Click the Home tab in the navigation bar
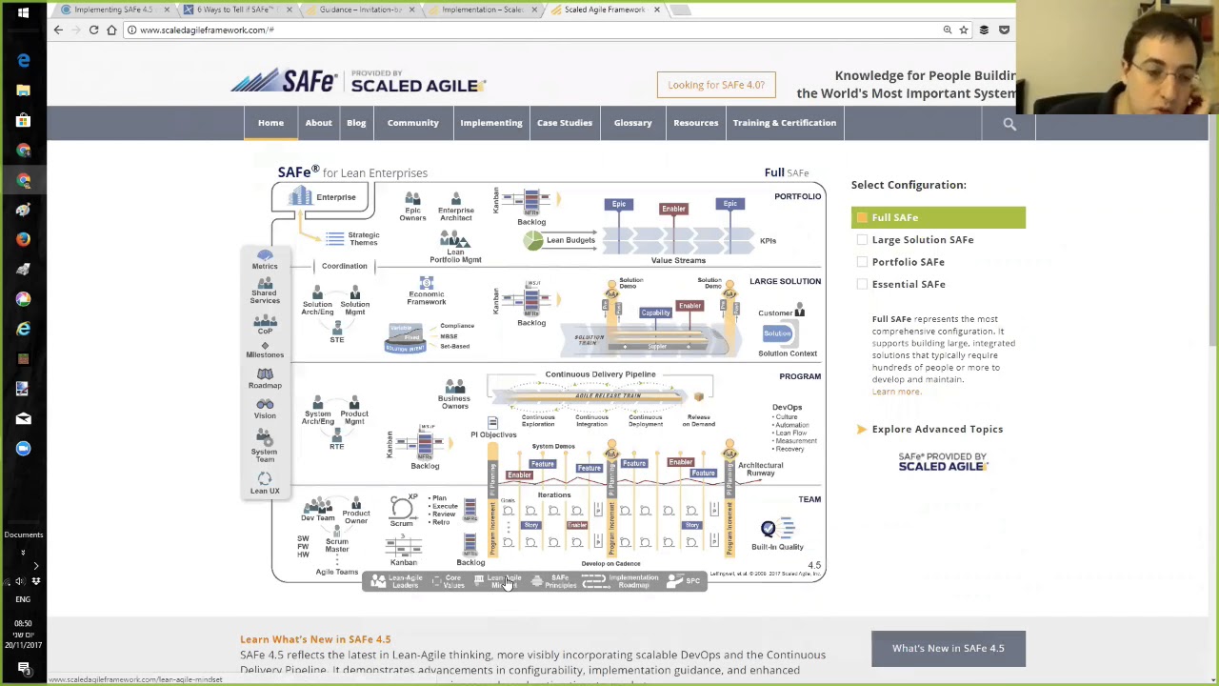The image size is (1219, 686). tap(270, 123)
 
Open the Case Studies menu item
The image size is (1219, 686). tap(564, 123)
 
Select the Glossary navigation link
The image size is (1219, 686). tap(632, 123)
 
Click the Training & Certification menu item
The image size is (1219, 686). tap(784, 123)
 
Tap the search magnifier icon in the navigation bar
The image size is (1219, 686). tap(1009, 124)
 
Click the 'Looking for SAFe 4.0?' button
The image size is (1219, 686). tap(716, 85)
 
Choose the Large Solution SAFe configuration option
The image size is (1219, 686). tap(922, 240)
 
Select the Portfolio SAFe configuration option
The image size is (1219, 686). tap(908, 262)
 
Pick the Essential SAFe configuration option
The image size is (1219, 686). tap(908, 284)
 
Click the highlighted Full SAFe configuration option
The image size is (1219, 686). tap(937, 217)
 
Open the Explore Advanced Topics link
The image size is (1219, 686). tap(936, 430)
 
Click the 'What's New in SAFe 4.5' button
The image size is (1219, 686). tap(948, 649)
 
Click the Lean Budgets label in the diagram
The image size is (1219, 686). tap(570, 240)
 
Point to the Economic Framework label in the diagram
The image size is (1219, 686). tap(427, 297)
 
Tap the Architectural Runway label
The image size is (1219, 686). tap(760, 469)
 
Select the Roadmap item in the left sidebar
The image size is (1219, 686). tap(265, 378)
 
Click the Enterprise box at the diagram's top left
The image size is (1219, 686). tap(323, 197)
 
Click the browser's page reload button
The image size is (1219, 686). tap(93, 30)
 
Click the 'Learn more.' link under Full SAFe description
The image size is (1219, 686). tap(896, 392)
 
